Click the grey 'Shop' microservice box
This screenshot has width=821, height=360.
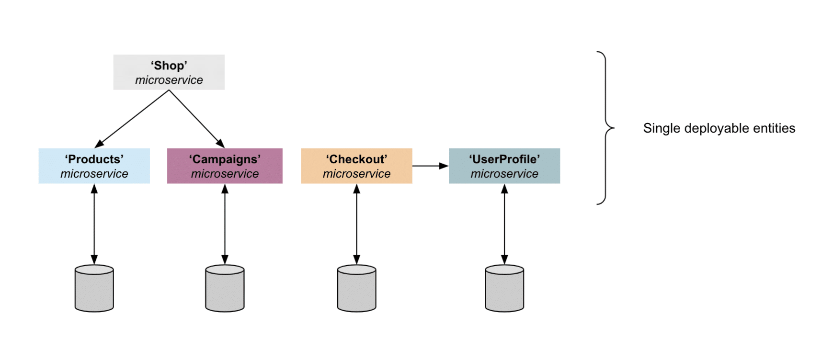(x=169, y=72)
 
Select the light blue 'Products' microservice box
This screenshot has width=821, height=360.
(x=94, y=166)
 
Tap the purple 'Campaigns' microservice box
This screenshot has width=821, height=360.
(x=225, y=166)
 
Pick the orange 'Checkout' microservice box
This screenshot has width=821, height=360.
(x=356, y=166)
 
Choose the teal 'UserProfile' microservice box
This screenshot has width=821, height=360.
(x=504, y=166)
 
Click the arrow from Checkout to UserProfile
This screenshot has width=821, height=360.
(x=430, y=166)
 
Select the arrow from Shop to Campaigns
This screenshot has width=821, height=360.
(x=196, y=118)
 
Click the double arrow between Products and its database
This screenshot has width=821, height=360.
(x=94, y=224)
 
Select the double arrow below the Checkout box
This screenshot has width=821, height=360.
(x=356, y=224)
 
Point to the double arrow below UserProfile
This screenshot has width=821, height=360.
(x=504, y=224)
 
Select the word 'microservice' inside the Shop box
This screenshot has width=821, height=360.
(x=169, y=80)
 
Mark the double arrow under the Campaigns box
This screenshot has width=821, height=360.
(x=225, y=224)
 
